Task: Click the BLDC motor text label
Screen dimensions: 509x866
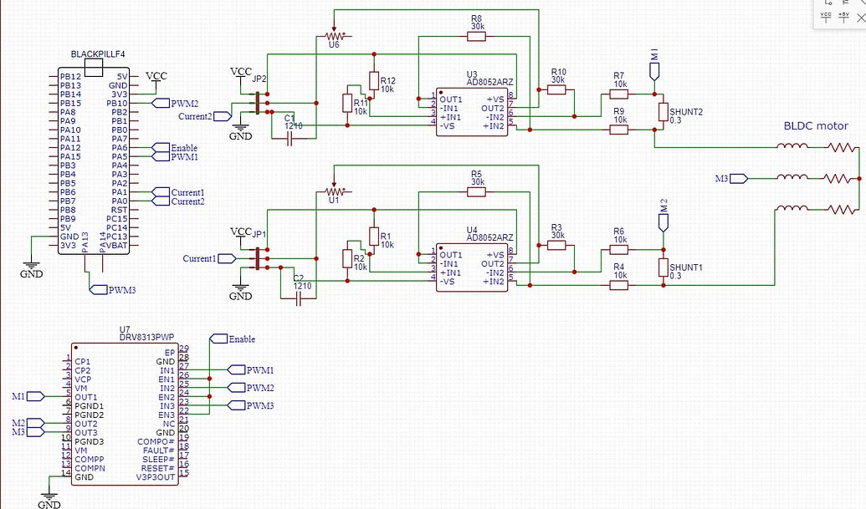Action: [x=815, y=126]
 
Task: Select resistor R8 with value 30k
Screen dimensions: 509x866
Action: [x=476, y=36]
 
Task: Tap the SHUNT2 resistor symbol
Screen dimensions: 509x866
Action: [x=663, y=112]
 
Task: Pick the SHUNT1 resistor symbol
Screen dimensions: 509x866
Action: [x=663, y=267]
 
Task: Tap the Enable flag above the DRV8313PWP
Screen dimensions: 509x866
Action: [x=219, y=338]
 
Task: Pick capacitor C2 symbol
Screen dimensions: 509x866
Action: [x=301, y=297]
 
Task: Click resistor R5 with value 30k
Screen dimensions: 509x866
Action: [x=476, y=191]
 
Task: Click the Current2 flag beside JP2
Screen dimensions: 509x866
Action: [x=222, y=116]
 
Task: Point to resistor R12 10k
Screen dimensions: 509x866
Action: [x=374, y=80]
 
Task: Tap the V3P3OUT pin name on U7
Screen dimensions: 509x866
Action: [x=156, y=477]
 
